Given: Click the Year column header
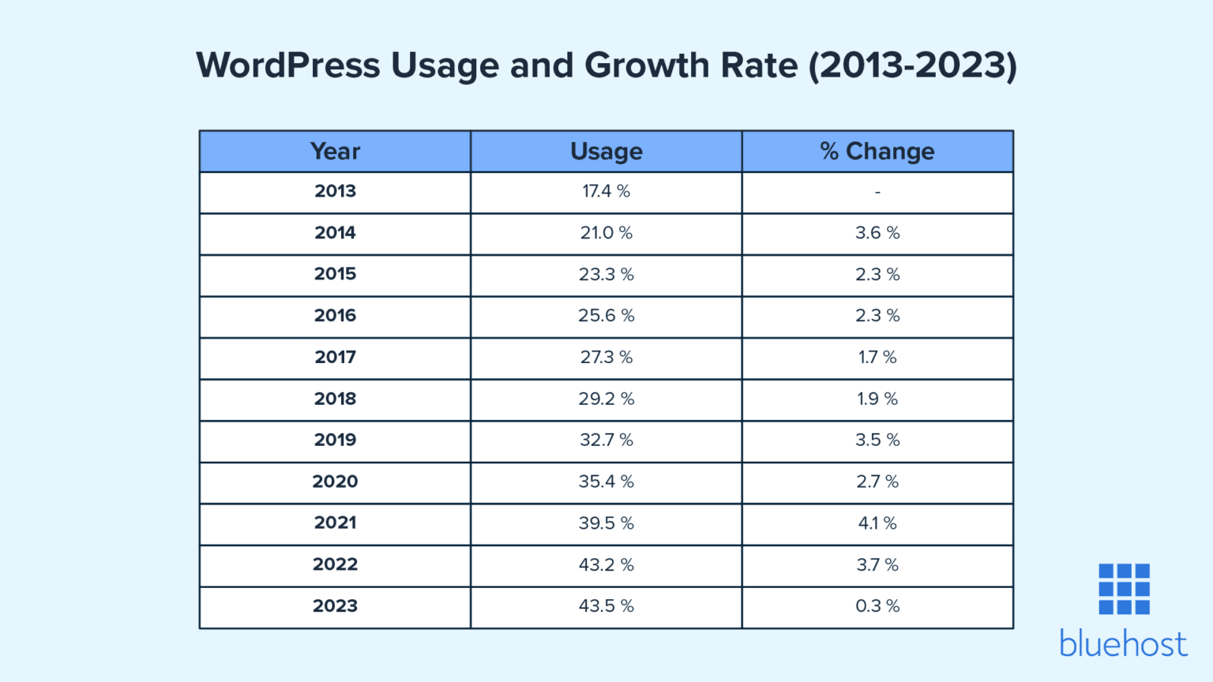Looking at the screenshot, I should click(x=335, y=151).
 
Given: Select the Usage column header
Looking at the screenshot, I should click(x=606, y=151).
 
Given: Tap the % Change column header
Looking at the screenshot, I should click(x=877, y=151).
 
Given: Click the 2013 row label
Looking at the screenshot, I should click(x=335, y=191).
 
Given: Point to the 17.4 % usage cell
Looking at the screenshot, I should click(x=606, y=191).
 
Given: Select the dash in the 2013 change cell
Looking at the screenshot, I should click(x=877, y=192).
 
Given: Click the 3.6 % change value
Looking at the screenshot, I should click(x=877, y=233).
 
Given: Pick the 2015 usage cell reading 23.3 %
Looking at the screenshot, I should click(x=606, y=275).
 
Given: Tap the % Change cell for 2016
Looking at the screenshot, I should click(x=877, y=316).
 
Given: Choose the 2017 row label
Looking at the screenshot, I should click(x=335, y=357).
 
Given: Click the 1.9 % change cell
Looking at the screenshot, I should click(x=877, y=399).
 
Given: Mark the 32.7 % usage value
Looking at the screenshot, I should click(x=606, y=440).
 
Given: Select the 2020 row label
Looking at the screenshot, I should click(x=335, y=482).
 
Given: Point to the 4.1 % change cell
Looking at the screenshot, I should click(x=877, y=523).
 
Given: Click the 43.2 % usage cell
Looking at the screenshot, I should click(x=606, y=564).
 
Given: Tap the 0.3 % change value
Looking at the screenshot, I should click(x=877, y=606).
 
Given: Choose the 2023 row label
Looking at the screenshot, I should click(x=335, y=606).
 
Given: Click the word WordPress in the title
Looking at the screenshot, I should click(x=288, y=65).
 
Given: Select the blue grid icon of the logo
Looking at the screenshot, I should click(x=1124, y=589).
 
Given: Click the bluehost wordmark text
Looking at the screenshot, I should click(x=1123, y=644).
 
